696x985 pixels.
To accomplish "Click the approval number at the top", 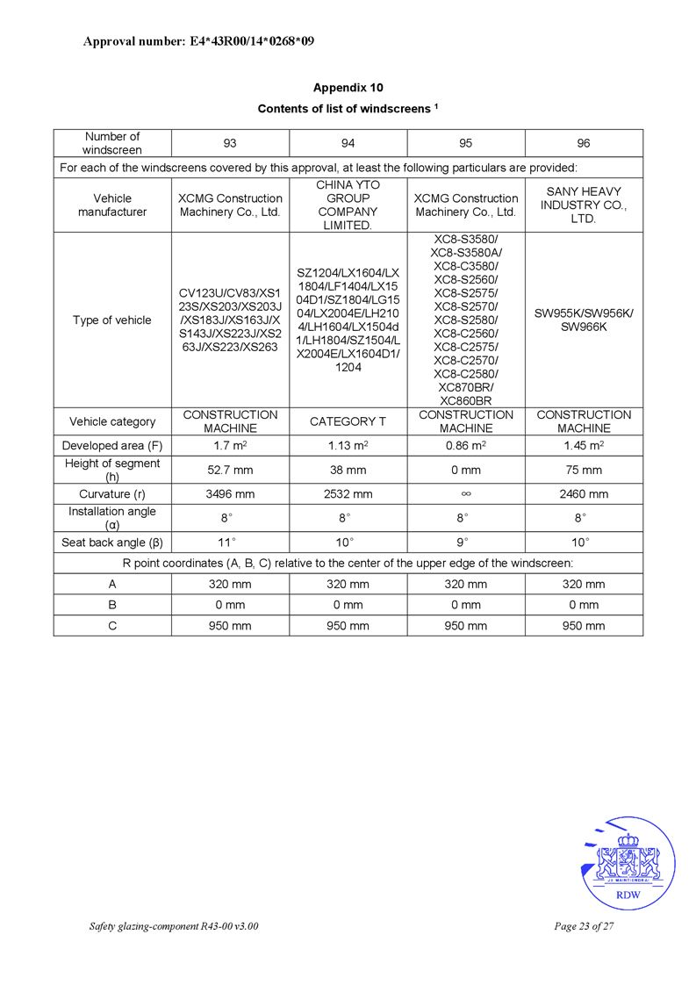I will pos(198,41).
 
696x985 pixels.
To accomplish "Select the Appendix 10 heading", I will pos(348,88).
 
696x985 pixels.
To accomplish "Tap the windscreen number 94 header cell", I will pos(348,143).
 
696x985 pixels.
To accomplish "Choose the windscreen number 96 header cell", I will pos(584,143).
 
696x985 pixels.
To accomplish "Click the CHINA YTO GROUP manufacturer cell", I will pos(348,205).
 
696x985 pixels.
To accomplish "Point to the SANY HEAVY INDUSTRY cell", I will pos(584,205).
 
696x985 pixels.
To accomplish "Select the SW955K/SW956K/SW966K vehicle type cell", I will pos(584,320).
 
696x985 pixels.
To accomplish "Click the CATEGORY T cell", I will pos(348,421).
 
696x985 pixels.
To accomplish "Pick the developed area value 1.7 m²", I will pos(230,446).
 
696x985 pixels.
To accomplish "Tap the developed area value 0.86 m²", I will pos(465,446).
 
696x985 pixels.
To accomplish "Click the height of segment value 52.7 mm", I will pos(230,470).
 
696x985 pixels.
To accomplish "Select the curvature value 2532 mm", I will pos(348,494).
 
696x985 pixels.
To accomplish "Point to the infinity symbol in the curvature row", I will pos(465,494).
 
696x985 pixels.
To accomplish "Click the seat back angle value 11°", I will pos(230,542).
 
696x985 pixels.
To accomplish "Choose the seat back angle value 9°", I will pos(465,542).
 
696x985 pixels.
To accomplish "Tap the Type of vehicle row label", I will pos(112,320).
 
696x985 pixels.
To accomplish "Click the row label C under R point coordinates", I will pos(112,626).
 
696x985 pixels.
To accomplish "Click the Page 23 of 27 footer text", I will pos(584,926).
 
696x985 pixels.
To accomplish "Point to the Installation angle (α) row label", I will pos(112,518).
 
